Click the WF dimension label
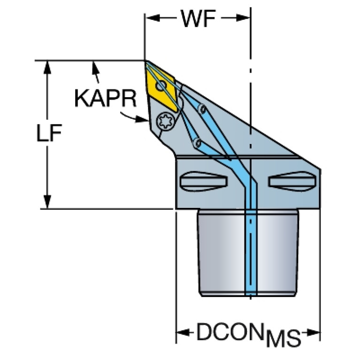pos(198,20)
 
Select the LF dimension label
pos(49,134)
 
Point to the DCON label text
pos(226,332)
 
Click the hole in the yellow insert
pos(161,86)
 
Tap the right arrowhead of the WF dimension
pos(247,18)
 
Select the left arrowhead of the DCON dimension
pos(181,334)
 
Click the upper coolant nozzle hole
pos(203,109)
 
